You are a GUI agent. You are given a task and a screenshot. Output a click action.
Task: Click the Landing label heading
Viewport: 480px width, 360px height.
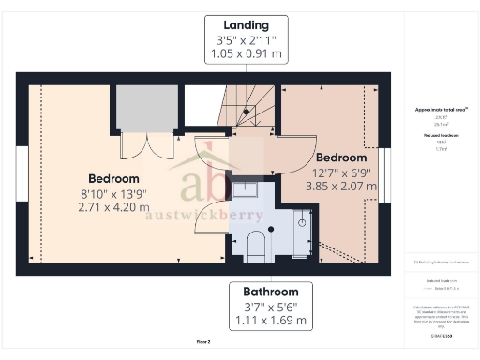coord(247,23)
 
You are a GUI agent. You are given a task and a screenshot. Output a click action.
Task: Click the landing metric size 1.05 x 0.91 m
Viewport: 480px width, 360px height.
coord(247,54)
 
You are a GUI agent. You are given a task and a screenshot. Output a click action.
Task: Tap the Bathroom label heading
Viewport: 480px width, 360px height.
coord(271,292)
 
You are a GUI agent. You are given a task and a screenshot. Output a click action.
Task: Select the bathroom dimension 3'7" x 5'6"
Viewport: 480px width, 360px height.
coord(271,307)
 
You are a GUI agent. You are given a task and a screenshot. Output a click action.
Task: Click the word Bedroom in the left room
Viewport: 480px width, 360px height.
coord(113,178)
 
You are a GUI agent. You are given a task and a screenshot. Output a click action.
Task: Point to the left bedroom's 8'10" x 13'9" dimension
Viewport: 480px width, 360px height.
coord(113,193)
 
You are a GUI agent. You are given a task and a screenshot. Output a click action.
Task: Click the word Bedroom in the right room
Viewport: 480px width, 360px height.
coord(340,157)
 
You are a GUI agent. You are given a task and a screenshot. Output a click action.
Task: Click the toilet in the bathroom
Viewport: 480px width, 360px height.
coord(255,247)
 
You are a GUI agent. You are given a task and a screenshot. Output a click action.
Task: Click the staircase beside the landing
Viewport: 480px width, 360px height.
coord(246,108)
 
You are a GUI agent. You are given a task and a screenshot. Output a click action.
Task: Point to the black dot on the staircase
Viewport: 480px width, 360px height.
coord(247,112)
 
